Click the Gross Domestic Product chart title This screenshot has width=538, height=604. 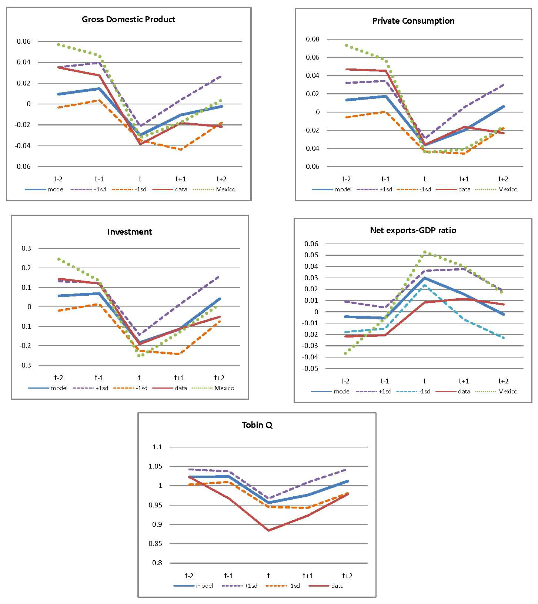[128, 19]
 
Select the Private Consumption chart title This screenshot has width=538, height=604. [413, 21]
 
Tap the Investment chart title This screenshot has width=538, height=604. [130, 232]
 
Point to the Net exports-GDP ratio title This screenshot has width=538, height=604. [413, 230]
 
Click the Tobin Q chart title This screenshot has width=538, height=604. [257, 425]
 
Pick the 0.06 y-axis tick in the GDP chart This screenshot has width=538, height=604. [24, 41]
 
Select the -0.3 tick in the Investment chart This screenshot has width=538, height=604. [26, 365]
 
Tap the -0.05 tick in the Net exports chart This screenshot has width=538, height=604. [311, 369]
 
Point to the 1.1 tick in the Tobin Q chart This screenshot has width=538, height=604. [157, 447]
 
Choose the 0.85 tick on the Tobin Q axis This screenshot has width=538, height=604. [156, 544]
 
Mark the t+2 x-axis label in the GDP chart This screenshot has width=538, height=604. [221, 179]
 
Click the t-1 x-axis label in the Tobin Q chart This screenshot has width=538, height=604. [229, 576]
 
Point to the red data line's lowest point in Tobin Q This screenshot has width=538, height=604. [268, 530]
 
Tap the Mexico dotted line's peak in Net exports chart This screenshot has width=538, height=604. [425, 252]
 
